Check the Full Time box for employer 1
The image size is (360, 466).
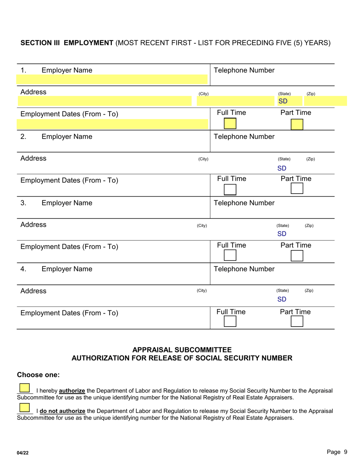coord(230,124)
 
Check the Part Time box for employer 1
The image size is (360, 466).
coord(297,124)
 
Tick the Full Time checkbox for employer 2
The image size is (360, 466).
coord(230,189)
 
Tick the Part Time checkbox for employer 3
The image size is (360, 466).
coord(297,256)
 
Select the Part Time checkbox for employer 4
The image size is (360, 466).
coord(297,322)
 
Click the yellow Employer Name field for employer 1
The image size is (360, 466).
coord(112,80)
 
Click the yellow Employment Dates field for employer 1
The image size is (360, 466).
coord(112,124)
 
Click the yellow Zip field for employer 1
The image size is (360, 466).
coord(325,101)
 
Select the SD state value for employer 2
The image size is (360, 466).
coord(282,168)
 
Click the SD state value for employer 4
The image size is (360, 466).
coord(282,300)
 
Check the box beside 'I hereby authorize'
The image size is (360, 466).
coord(24,388)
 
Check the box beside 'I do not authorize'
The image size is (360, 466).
coord(24,408)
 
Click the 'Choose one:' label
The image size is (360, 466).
coord(38,375)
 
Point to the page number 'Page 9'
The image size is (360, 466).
coord(337,452)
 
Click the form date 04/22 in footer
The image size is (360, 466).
coord(22,453)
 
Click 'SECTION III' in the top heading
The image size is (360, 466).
coord(41,43)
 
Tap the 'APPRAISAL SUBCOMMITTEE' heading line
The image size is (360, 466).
coord(182,350)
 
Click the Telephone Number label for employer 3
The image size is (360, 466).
coord(244,203)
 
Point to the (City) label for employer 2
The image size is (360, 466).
coord(203,160)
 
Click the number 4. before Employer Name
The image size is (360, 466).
coord(23,269)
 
